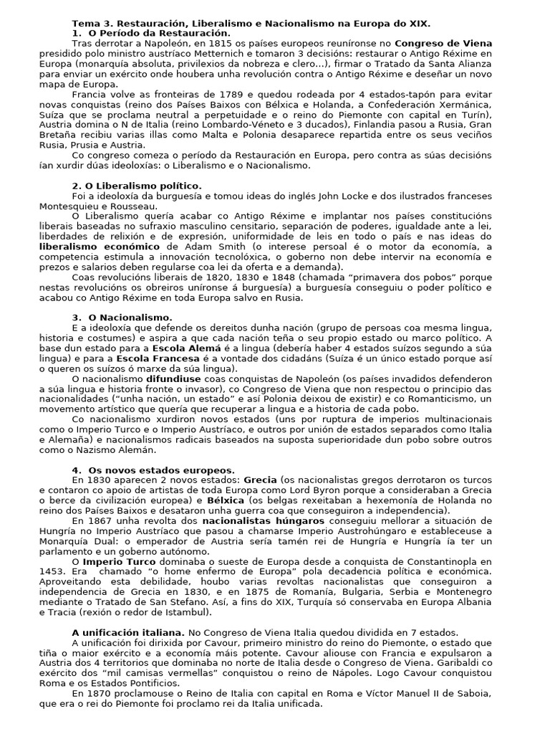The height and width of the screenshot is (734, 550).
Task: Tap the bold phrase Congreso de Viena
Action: point(444,43)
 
